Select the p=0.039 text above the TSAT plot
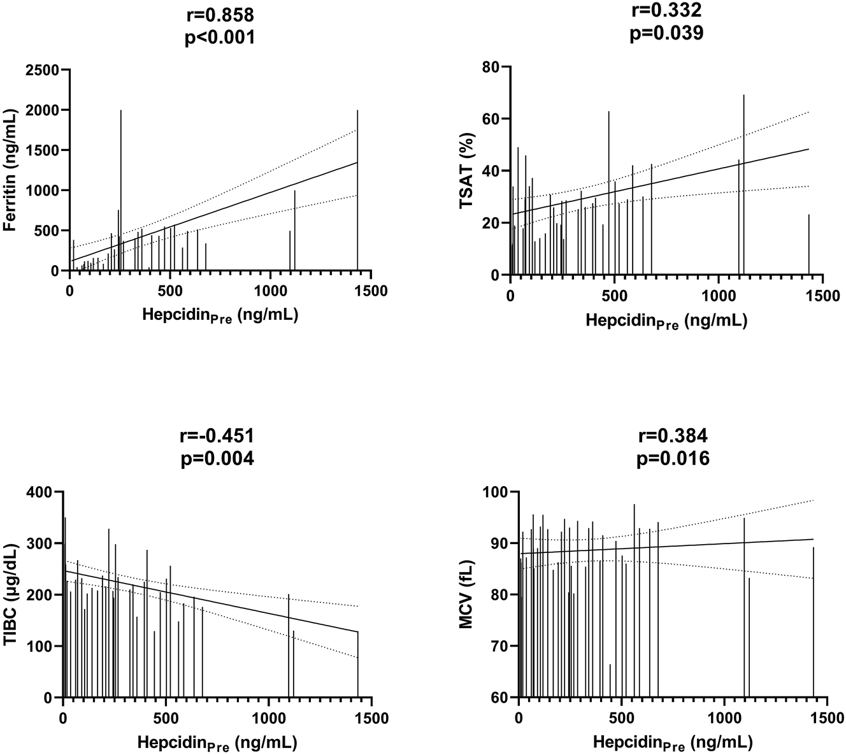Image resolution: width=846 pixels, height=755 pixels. (x=666, y=34)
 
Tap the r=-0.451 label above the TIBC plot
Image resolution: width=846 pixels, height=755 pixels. (x=218, y=436)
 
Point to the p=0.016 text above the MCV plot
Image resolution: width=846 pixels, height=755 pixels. (x=673, y=458)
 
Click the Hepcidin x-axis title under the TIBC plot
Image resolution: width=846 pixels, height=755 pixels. (x=217, y=743)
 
